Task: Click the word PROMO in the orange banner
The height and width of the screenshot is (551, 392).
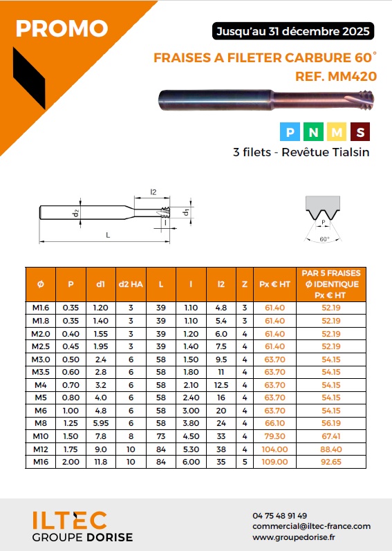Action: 62,28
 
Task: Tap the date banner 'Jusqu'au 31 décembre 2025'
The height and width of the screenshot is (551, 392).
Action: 293,31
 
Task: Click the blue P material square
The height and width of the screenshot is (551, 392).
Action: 290,132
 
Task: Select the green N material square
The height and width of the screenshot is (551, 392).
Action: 313,132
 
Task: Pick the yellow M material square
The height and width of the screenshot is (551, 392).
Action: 337,132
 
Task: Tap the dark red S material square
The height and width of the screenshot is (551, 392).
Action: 360,132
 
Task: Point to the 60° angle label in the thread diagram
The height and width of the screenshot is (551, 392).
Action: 324,239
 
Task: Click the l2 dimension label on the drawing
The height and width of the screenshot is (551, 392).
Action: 153,192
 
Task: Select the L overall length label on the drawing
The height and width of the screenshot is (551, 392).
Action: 108,235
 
